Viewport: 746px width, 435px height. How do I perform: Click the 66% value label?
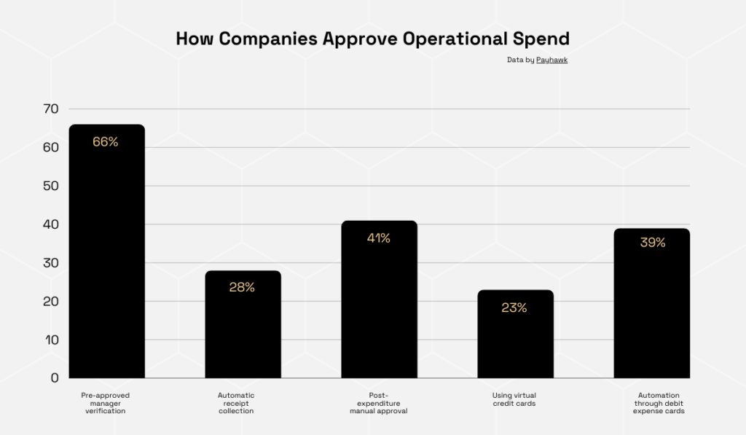pyautogui.click(x=106, y=142)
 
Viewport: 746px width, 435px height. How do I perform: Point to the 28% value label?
pyautogui.click(x=242, y=287)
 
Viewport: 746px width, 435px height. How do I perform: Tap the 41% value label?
pyautogui.click(x=378, y=238)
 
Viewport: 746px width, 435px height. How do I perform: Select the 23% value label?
pyautogui.click(x=514, y=307)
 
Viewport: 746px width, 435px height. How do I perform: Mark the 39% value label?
pyautogui.click(x=653, y=243)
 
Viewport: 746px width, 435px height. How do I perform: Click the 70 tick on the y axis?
pyautogui.click(x=50, y=109)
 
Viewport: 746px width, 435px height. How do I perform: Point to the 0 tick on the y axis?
pyautogui.click(x=54, y=377)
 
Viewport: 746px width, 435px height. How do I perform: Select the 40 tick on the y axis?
pyautogui.click(x=50, y=224)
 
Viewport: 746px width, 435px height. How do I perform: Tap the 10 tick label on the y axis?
pyautogui.click(x=50, y=340)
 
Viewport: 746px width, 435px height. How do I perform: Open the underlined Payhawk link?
pyautogui.click(x=551, y=60)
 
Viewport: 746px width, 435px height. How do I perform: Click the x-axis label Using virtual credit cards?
pyautogui.click(x=514, y=399)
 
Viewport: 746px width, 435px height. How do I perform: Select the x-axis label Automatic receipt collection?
pyautogui.click(x=236, y=403)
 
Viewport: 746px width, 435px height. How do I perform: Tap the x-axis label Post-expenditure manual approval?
pyautogui.click(x=378, y=403)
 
